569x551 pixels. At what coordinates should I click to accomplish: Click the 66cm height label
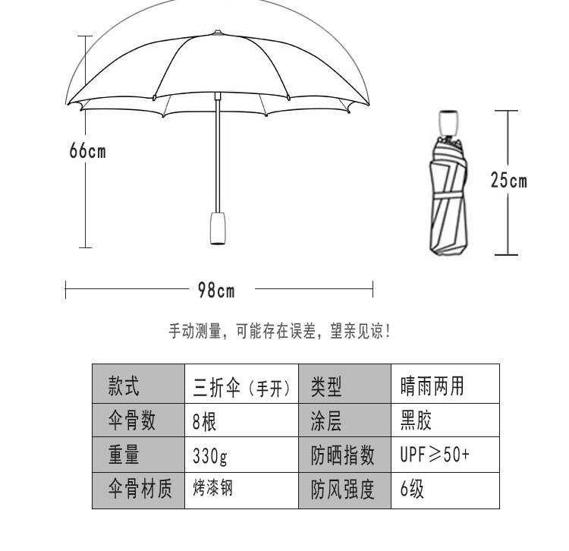[87, 151]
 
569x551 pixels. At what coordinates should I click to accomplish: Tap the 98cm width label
[216, 290]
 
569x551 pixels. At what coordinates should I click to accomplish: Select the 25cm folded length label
[508, 181]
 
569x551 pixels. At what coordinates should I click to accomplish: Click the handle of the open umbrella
[218, 227]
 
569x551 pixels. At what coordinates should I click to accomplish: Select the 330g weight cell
[241, 456]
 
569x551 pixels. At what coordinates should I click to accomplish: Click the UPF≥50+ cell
[445, 456]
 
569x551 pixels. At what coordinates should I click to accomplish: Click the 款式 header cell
[138, 386]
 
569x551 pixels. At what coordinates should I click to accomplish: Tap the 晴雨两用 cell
[445, 386]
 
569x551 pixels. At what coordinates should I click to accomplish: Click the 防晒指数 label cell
[344, 456]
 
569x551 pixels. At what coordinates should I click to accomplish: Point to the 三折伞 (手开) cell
[241, 387]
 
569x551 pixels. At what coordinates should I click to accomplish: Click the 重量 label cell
[138, 456]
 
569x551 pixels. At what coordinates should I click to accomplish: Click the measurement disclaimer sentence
[279, 332]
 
